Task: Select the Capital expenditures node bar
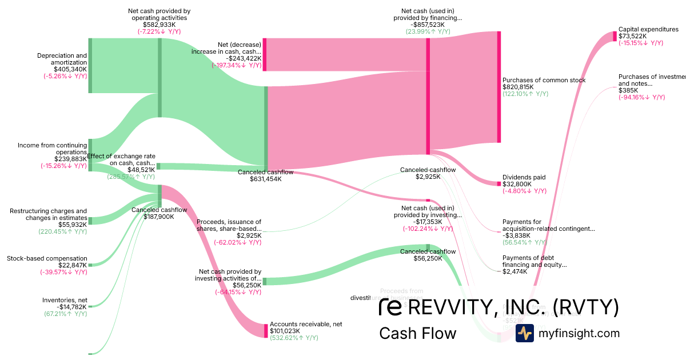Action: coord(615,36)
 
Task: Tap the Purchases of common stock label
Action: coord(544,81)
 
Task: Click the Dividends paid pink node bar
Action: coord(498,183)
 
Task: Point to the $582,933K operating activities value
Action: coord(158,25)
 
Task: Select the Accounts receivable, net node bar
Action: coord(266,330)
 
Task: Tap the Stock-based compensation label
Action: coord(47,258)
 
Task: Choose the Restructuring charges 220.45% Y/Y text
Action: coord(63,231)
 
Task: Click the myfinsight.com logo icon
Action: coord(524,333)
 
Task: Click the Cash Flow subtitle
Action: coord(417,333)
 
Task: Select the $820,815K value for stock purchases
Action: coord(518,87)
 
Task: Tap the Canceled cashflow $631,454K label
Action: coord(265,179)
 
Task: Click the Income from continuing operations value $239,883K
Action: coord(70,159)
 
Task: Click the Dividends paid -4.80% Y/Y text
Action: coord(524,191)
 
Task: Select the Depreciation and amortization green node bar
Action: coord(90,65)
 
